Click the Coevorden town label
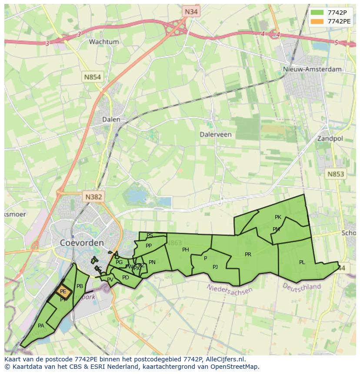[82, 242]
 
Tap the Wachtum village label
[104, 42]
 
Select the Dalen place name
[111, 119]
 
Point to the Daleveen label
[216, 135]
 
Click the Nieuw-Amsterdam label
[312, 69]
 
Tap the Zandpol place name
[330, 139]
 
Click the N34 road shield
[191, 12]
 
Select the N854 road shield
[92, 77]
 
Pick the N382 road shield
[93, 197]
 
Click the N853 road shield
[335, 174]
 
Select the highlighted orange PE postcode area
[63, 291]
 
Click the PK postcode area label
[278, 217]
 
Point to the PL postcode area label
[302, 262]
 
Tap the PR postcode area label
[248, 255]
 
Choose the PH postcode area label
[186, 250]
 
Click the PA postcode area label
[41, 326]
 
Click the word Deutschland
[301, 287]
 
